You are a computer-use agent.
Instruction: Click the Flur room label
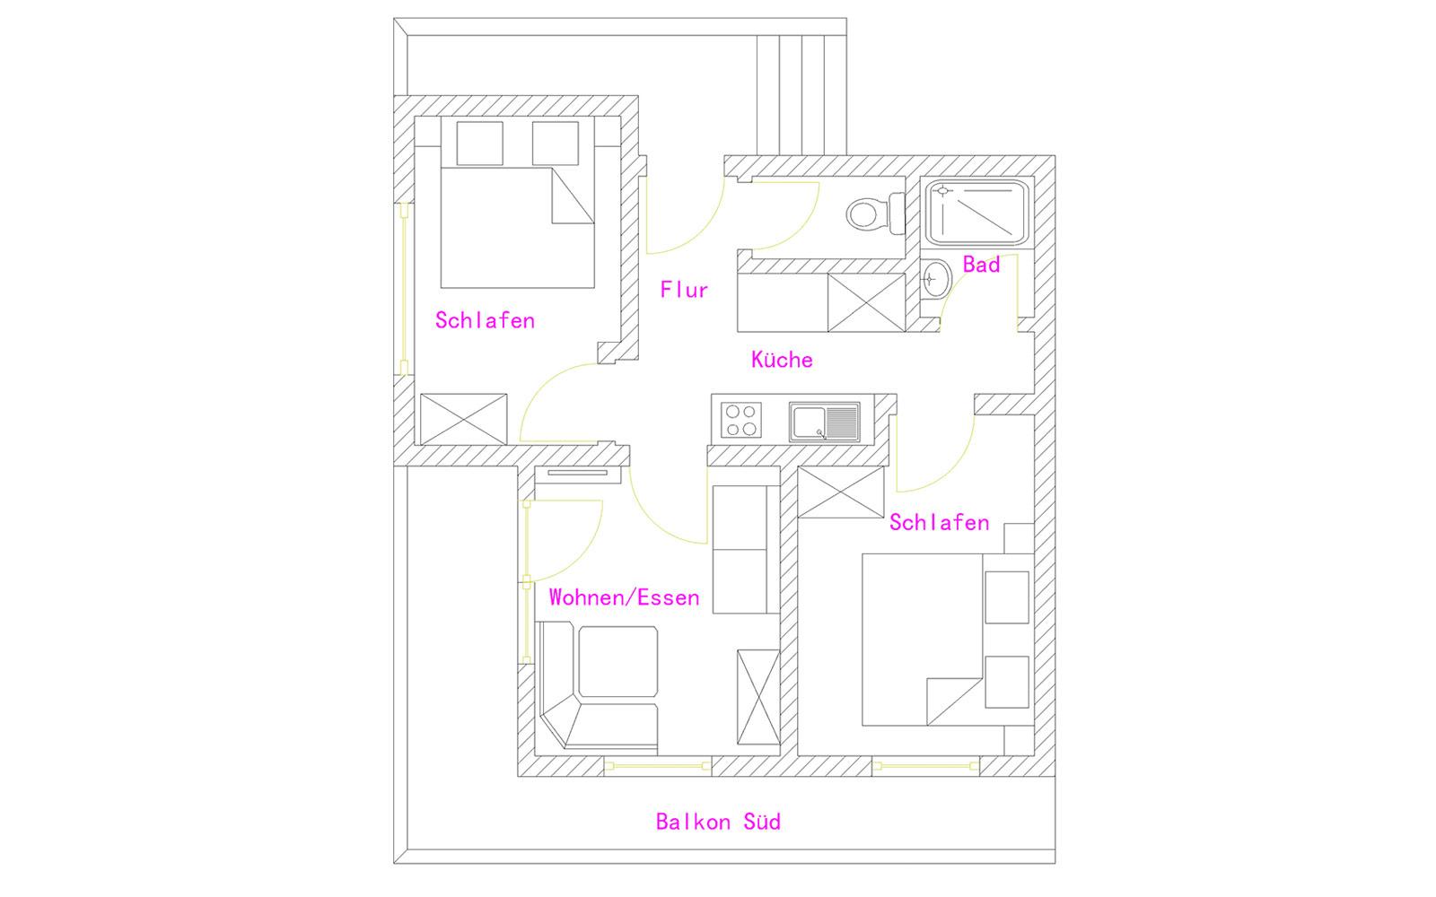(x=684, y=291)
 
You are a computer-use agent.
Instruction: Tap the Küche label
(x=782, y=360)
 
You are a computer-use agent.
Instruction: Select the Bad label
(x=982, y=265)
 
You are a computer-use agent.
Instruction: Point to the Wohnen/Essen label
(x=624, y=597)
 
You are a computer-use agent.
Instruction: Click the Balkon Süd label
(x=718, y=822)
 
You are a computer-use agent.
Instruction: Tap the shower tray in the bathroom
(x=977, y=213)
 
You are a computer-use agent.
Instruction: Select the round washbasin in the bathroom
(x=936, y=279)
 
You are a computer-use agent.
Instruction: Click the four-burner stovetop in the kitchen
(x=741, y=421)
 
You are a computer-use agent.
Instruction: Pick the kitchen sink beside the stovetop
(x=825, y=422)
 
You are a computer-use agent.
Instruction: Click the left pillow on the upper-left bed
(x=479, y=144)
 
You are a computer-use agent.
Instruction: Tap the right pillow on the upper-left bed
(x=556, y=144)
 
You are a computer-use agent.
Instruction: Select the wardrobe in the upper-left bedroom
(x=463, y=419)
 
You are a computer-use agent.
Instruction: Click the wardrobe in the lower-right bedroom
(x=840, y=492)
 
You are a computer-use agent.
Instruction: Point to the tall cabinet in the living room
(x=758, y=697)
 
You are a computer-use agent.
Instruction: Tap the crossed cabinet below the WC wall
(x=866, y=302)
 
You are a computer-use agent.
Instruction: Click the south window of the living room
(x=658, y=766)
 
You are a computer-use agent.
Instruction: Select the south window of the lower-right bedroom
(x=925, y=766)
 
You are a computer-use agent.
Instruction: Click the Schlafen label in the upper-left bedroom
(x=485, y=320)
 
